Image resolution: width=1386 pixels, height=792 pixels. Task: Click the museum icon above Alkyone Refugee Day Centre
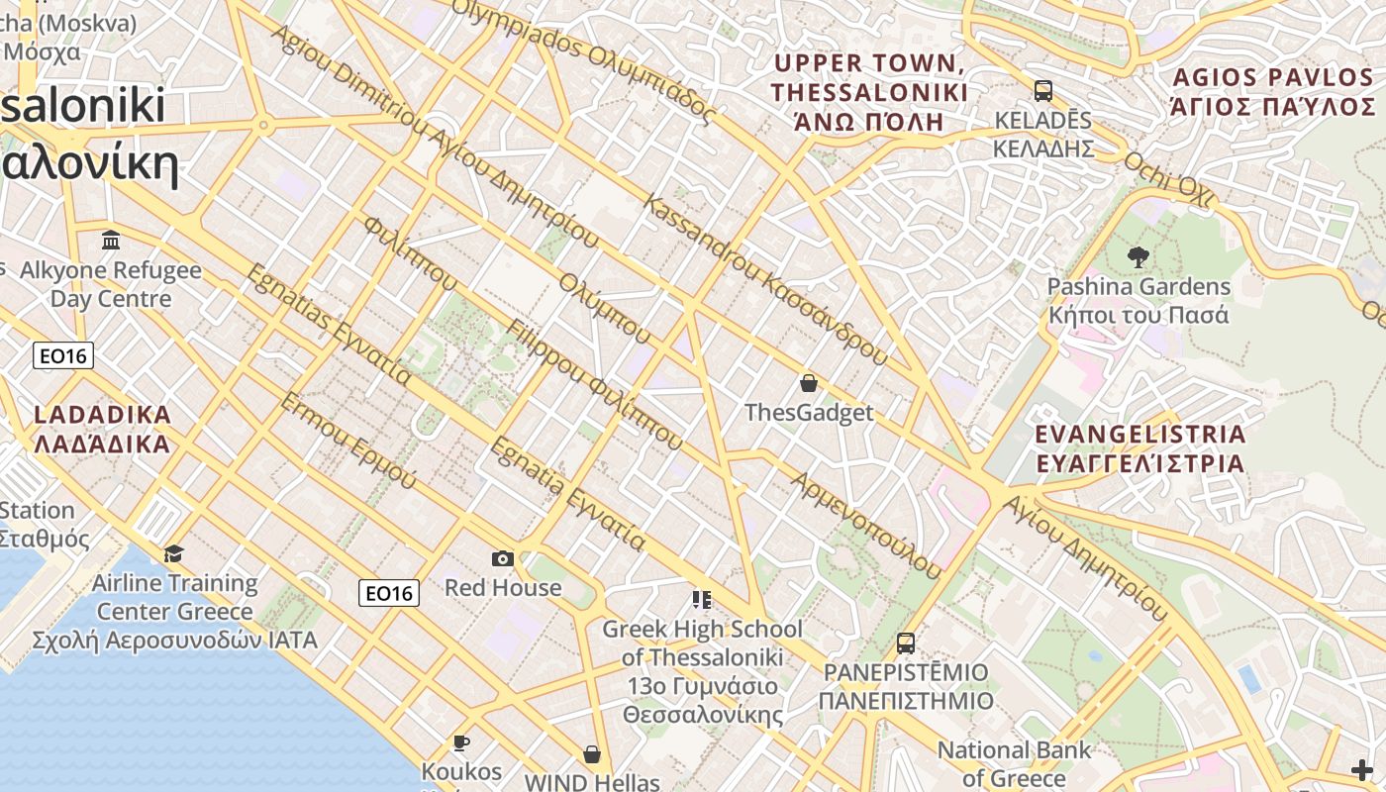111,241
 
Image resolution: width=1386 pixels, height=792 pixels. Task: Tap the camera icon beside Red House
503,558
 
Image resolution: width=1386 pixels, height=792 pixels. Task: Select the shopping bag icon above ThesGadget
809,383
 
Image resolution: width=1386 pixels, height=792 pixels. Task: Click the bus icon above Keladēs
1042,91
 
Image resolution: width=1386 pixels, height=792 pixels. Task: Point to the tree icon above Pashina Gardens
1138,257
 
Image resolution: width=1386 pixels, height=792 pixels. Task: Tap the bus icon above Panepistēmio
905,643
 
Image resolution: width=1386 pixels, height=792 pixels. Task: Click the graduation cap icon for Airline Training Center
174,553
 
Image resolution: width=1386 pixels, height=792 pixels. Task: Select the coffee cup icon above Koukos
460,742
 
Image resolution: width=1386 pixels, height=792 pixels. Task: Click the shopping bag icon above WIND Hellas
592,754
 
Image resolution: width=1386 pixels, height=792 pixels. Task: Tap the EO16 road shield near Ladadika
63,355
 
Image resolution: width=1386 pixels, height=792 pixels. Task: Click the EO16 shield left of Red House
388,593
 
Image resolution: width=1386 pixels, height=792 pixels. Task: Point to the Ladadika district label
102,429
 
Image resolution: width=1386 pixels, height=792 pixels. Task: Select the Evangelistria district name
1139,448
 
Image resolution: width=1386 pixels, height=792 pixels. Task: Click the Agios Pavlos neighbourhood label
1272,92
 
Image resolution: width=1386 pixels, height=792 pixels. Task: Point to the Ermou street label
347,441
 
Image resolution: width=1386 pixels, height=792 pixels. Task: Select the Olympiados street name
583,59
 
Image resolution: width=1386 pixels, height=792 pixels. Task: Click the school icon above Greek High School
701,599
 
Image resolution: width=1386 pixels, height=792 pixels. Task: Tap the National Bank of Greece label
1014,763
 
